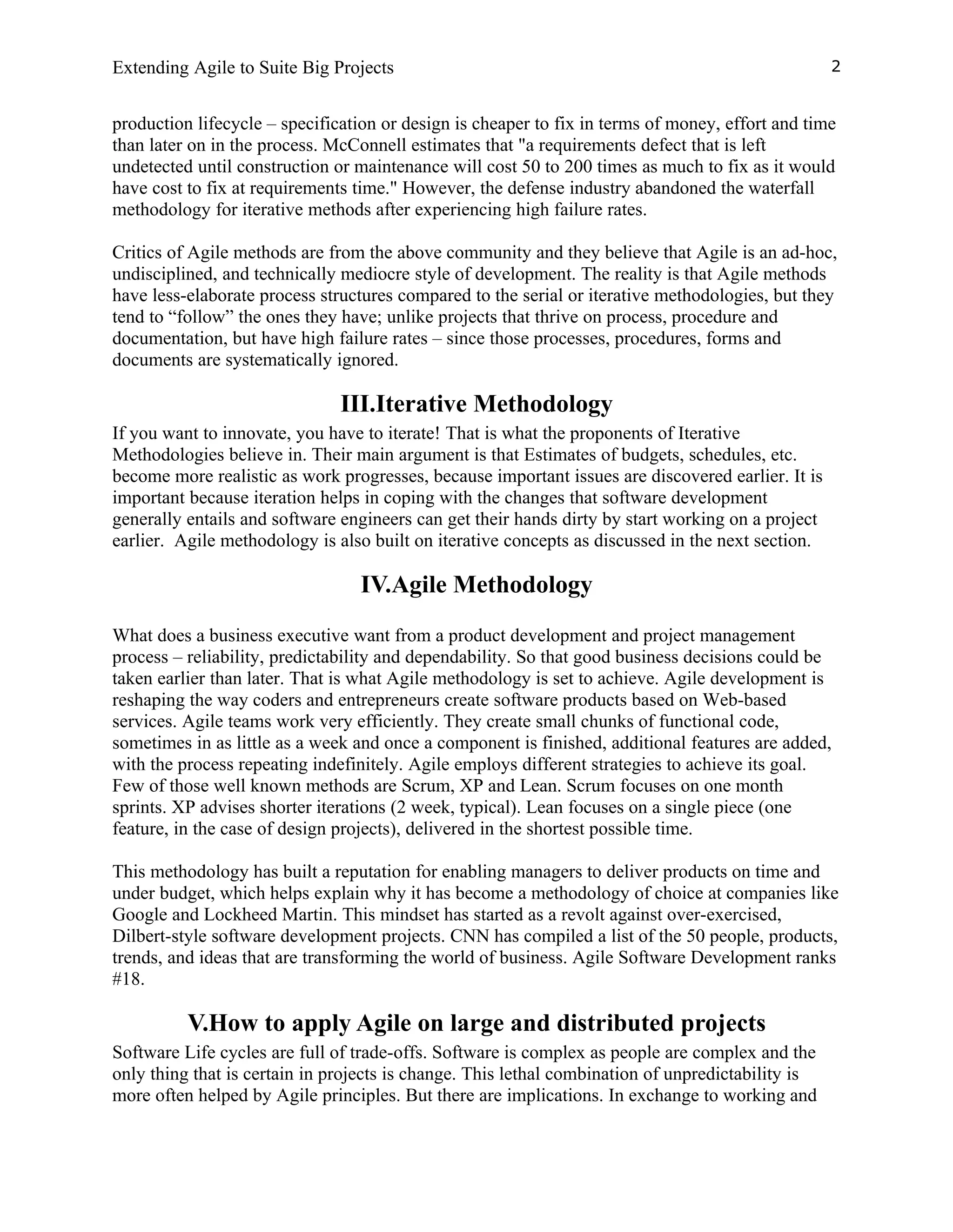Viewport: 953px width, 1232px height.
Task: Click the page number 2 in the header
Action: [x=836, y=67]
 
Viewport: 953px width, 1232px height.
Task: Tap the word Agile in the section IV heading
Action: [x=419, y=584]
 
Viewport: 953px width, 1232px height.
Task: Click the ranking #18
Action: [x=128, y=979]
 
